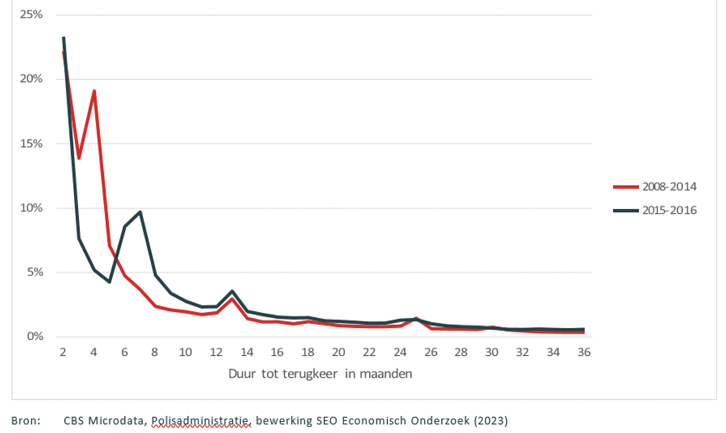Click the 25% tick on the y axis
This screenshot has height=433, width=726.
point(31,15)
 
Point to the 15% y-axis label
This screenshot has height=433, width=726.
point(31,144)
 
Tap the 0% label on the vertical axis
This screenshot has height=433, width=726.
point(35,336)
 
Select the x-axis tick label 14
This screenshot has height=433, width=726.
point(247,352)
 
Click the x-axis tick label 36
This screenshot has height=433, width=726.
point(584,352)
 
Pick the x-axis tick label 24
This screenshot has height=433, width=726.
point(400,352)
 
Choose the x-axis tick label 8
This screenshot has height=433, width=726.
point(154,352)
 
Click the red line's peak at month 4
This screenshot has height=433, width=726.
point(94,91)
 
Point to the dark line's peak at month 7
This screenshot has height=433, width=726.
point(140,212)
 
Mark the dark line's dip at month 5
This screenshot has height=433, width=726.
point(109,282)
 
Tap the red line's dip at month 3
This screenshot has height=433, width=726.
point(79,158)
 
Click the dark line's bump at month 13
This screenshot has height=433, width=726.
point(232,292)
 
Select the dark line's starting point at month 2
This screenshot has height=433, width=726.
point(64,38)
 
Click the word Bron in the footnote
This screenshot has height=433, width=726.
point(25,421)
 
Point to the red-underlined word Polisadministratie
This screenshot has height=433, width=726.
point(200,421)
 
